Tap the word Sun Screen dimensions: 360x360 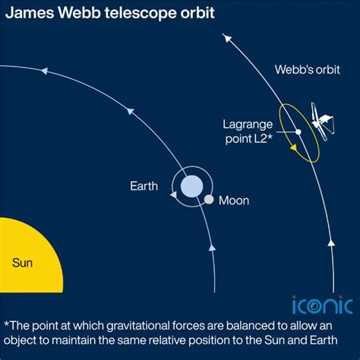click(22, 264)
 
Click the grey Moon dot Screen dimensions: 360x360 click(209, 200)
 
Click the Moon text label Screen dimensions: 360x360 click(234, 201)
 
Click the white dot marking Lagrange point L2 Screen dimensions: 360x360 click(298, 131)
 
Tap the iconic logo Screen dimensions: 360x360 click(322, 305)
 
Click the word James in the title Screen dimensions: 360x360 click(27, 14)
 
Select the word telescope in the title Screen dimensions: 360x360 click(137, 14)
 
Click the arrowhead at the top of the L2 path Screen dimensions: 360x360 click(223, 36)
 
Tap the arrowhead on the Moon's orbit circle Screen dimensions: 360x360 click(174, 195)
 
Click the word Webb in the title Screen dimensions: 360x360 click(74, 14)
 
